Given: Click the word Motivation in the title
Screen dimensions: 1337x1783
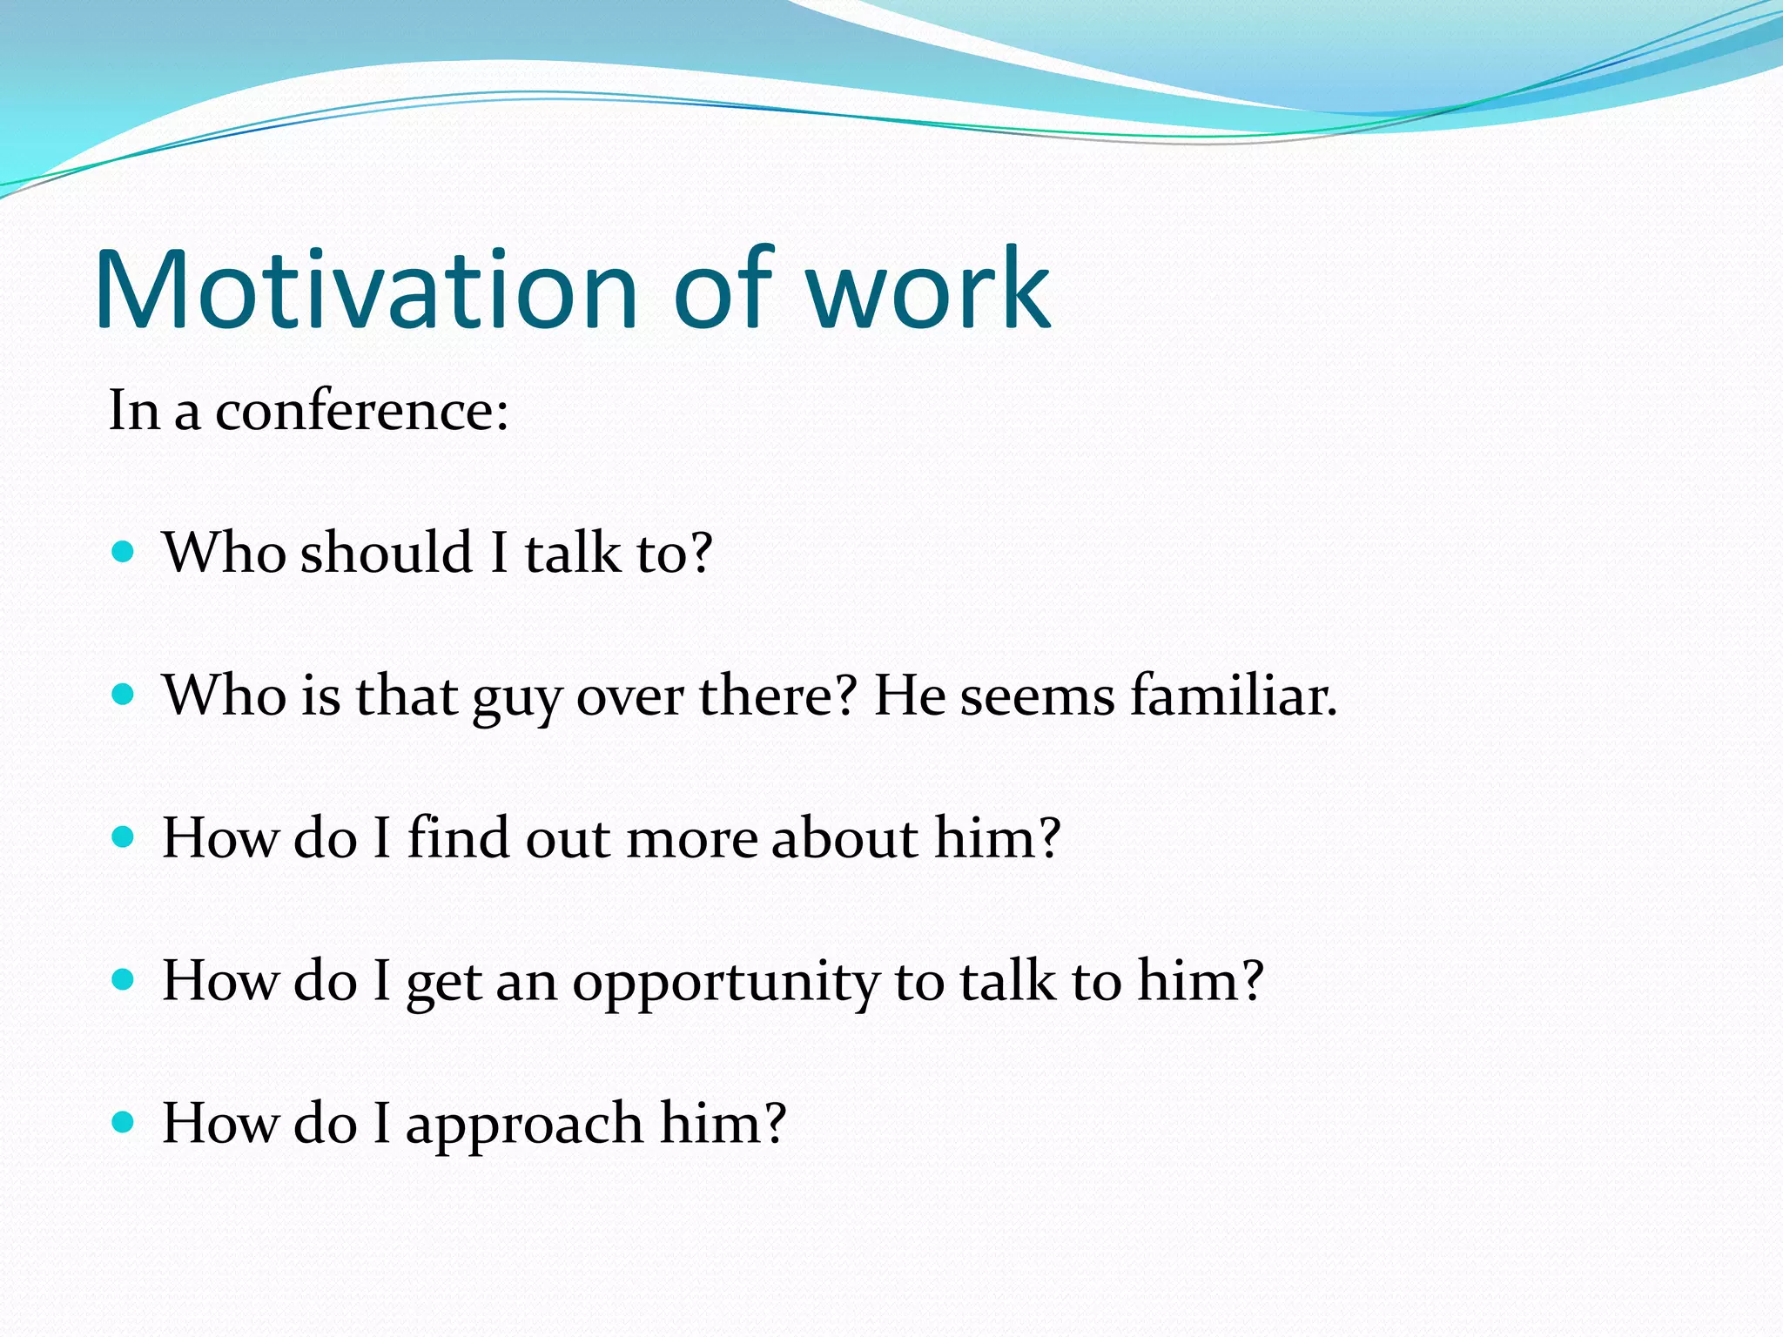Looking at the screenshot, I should pyautogui.click(x=366, y=292).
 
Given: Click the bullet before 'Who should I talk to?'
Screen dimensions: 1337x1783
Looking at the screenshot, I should pyautogui.click(x=124, y=552).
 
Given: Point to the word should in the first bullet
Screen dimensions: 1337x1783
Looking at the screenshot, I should pyautogui.click(x=386, y=553).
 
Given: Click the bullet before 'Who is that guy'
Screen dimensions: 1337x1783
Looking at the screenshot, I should pyautogui.click(x=124, y=695).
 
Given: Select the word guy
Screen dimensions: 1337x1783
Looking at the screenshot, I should pyautogui.click(x=517, y=698).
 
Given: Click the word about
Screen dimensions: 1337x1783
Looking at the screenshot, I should pyautogui.click(x=844, y=838).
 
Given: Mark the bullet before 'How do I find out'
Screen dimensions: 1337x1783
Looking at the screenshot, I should pyautogui.click(x=124, y=837).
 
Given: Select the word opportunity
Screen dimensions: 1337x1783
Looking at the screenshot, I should pyautogui.click(x=725, y=984).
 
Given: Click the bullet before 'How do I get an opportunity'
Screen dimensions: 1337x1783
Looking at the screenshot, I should pyautogui.click(x=124, y=980).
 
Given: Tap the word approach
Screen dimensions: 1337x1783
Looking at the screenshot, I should pyautogui.click(x=524, y=1125).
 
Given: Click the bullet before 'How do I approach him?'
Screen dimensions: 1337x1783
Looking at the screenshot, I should pyautogui.click(x=124, y=1122).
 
